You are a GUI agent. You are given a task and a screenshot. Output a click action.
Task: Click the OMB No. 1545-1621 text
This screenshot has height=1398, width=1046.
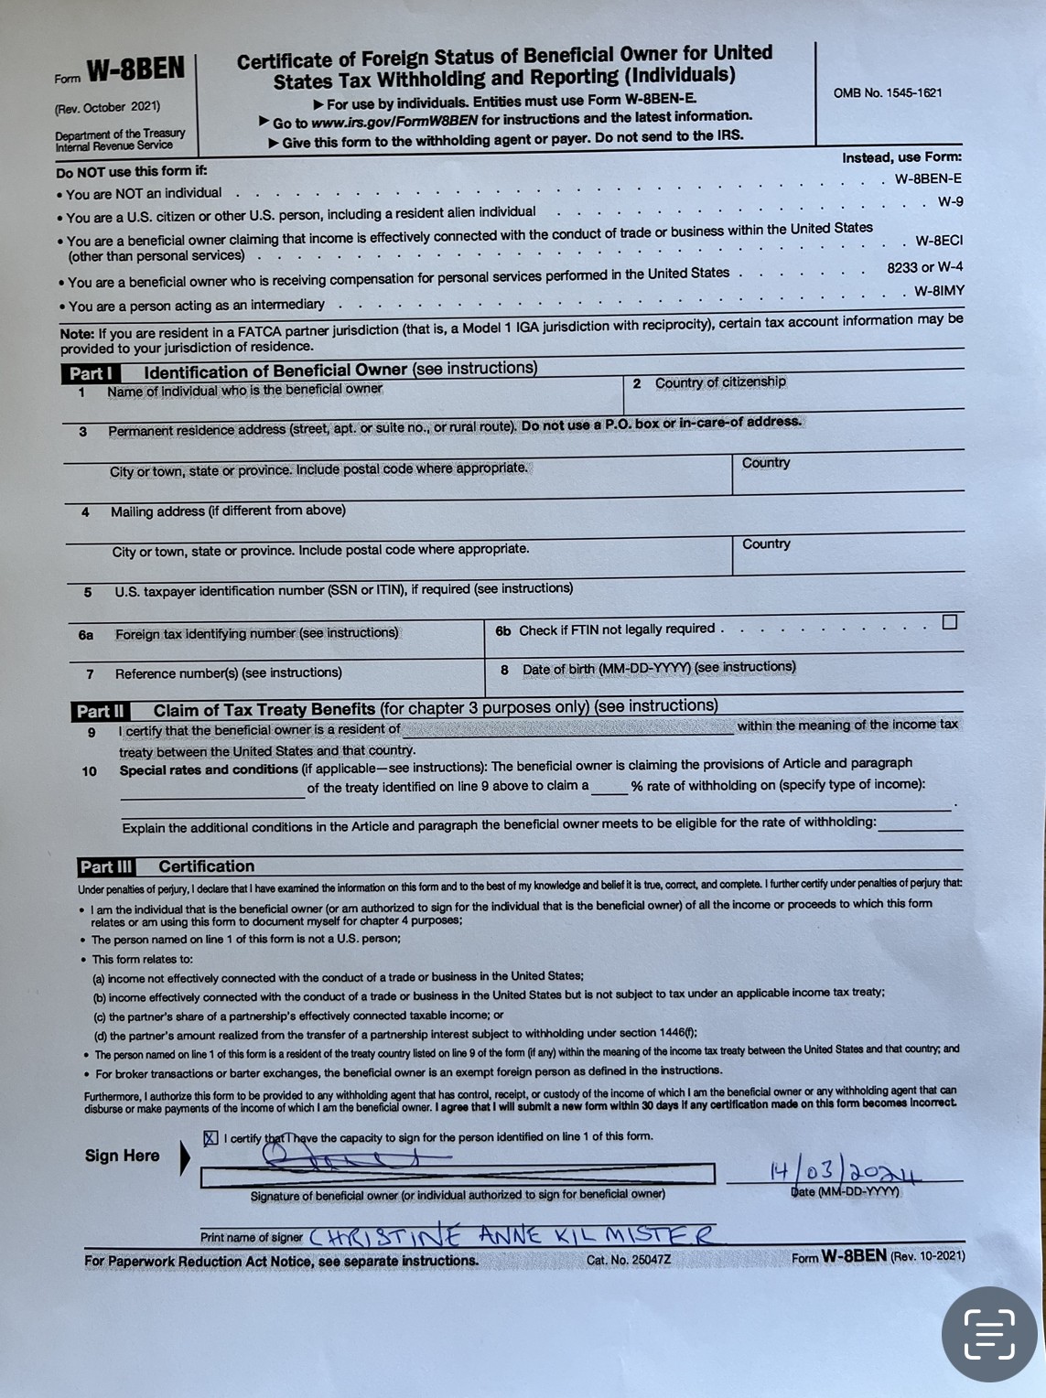(x=887, y=93)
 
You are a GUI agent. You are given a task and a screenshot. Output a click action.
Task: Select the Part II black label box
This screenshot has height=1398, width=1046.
(x=100, y=711)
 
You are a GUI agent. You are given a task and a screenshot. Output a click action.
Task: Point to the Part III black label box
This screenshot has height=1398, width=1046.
(x=106, y=867)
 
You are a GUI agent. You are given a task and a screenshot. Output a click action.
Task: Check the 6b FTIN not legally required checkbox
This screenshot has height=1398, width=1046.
(x=950, y=622)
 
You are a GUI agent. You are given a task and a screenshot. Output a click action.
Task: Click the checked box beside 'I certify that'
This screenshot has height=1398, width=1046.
(x=211, y=1138)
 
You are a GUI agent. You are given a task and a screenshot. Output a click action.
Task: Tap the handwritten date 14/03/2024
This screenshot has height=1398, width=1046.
(x=844, y=1172)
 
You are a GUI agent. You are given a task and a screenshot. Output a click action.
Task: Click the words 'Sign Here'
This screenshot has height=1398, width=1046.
(x=122, y=1156)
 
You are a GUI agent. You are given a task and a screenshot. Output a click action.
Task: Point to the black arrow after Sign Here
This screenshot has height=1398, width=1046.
(x=185, y=1157)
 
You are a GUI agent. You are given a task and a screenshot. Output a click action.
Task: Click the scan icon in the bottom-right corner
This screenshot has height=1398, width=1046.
(x=989, y=1333)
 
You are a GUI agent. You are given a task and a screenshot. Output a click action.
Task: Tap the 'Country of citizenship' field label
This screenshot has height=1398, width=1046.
(x=719, y=382)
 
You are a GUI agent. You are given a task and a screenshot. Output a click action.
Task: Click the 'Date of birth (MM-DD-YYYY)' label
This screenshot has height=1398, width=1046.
(x=658, y=668)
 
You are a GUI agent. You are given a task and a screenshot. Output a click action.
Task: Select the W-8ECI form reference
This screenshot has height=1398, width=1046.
(x=938, y=242)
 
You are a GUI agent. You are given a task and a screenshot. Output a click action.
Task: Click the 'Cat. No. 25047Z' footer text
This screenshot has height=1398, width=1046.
(x=629, y=1260)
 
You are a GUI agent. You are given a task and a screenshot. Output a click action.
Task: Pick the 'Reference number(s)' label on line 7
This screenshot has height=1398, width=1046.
(x=228, y=672)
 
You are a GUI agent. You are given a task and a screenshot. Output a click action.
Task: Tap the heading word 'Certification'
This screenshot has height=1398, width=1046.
(x=206, y=866)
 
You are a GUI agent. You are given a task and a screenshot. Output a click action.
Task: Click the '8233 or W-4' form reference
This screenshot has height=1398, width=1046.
(x=924, y=267)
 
